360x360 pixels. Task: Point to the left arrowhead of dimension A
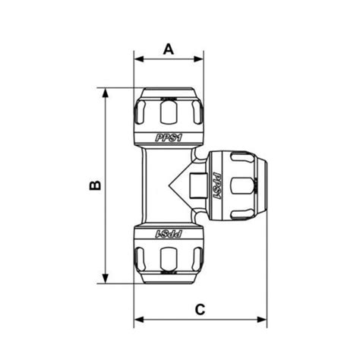coord(137,58)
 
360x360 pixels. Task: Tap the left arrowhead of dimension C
coord(137,320)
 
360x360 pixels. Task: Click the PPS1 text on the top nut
coord(168,137)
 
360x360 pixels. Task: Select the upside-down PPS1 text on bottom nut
coord(168,234)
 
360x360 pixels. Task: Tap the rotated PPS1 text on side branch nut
coord(215,185)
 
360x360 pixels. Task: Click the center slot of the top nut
coord(168,113)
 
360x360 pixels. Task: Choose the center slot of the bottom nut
coord(168,258)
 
